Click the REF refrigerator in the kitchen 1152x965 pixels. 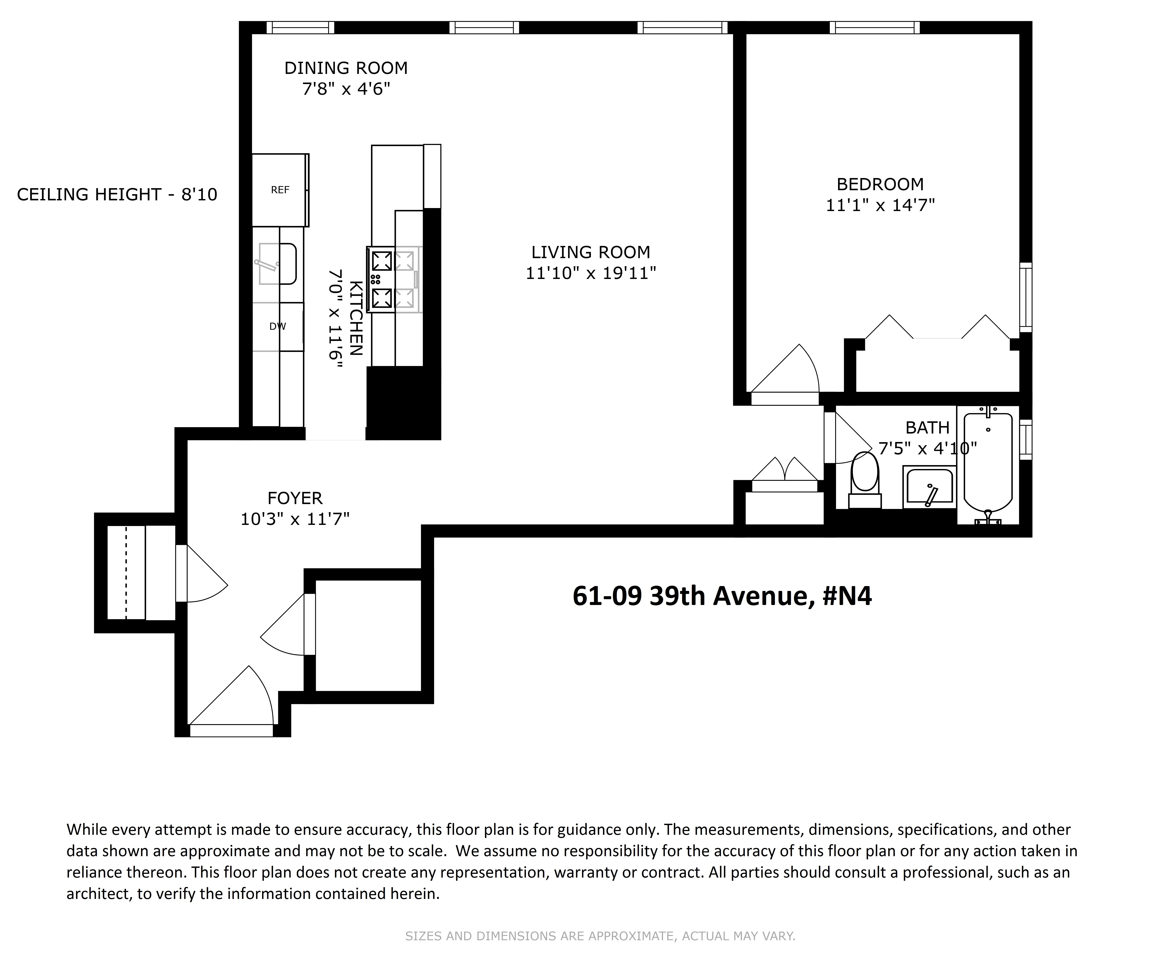click(x=280, y=190)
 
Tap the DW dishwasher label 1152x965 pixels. click(x=277, y=326)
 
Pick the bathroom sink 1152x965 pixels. click(x=929, y=486)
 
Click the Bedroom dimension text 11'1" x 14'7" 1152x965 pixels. click(x=880, y=205)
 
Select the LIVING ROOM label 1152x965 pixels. click(x=590, y=252)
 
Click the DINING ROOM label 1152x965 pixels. click(x=346, y=68)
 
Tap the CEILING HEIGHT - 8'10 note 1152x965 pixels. click(x=117, y=195)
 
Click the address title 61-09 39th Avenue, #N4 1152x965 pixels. click(x=722, y=596)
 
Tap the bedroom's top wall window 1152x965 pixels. click(x=875, y=27)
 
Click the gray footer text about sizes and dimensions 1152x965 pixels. click(x=600, y=936)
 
